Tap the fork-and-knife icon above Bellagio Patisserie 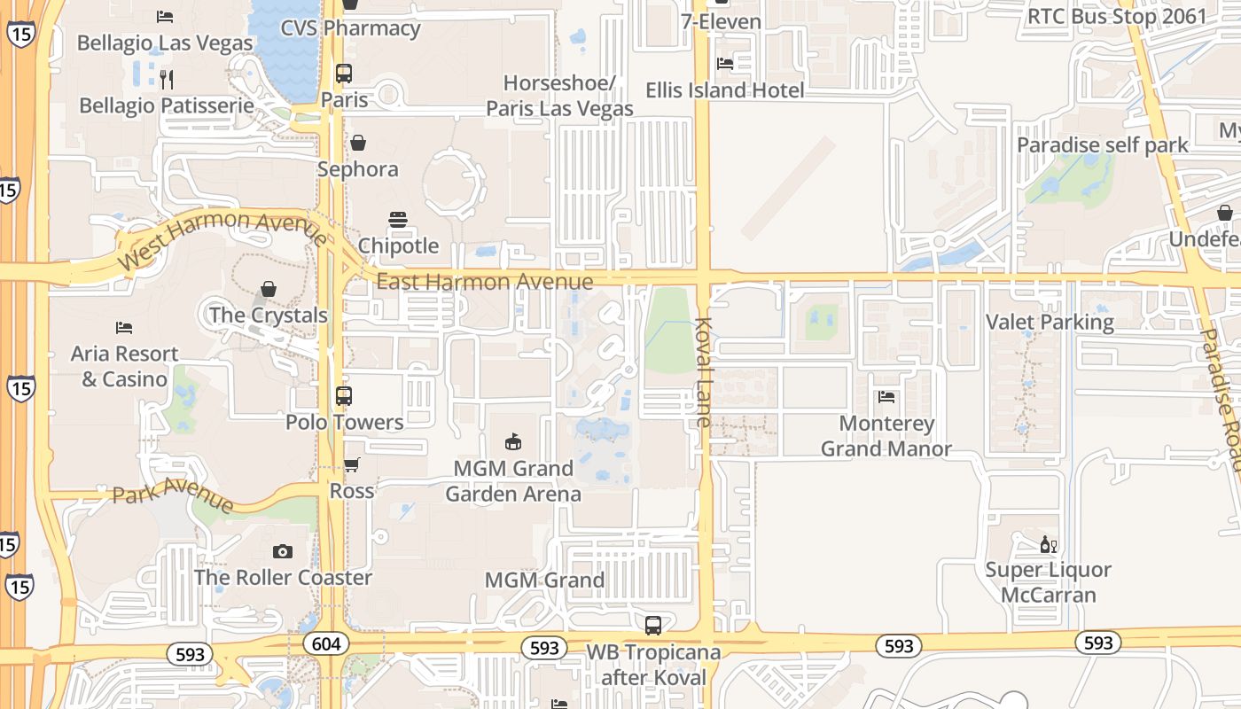pyautogui.click(x=166, y=80)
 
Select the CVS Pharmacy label pyautogui.click(x=350, y=27)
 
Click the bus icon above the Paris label pyautogui.click(x=344, y=74)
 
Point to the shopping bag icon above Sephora pyautogui.click(x=358, y=143)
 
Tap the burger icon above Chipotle pyautogui.click(x=398, y=219)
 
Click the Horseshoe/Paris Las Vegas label pyautogui.click(x=559, y=96)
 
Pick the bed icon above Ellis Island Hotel pyautogui.click(x=725, y=64)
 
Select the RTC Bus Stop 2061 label pyautogui.click(x=1117, y=16)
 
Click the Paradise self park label pyautogui.click(x=1102, y=144)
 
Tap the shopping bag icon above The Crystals pyautogui.click(x=269, y=290)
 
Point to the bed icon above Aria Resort pyautogui.click(x=124, y=328)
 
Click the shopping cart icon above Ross pyautogui.click(x=352, y=464)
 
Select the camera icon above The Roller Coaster pyautogui.click(x=283, y=552)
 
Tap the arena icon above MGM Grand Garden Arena pyautogui.click(x=512, y=441)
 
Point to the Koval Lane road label pyautogui.click(x=704, y=372)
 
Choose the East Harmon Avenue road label pyautogui.click(x=485, y=282)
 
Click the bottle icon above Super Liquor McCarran pyautogui.click(x=1048, y=544)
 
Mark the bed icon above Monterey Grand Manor pyautogui.click(x=886, y=397)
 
